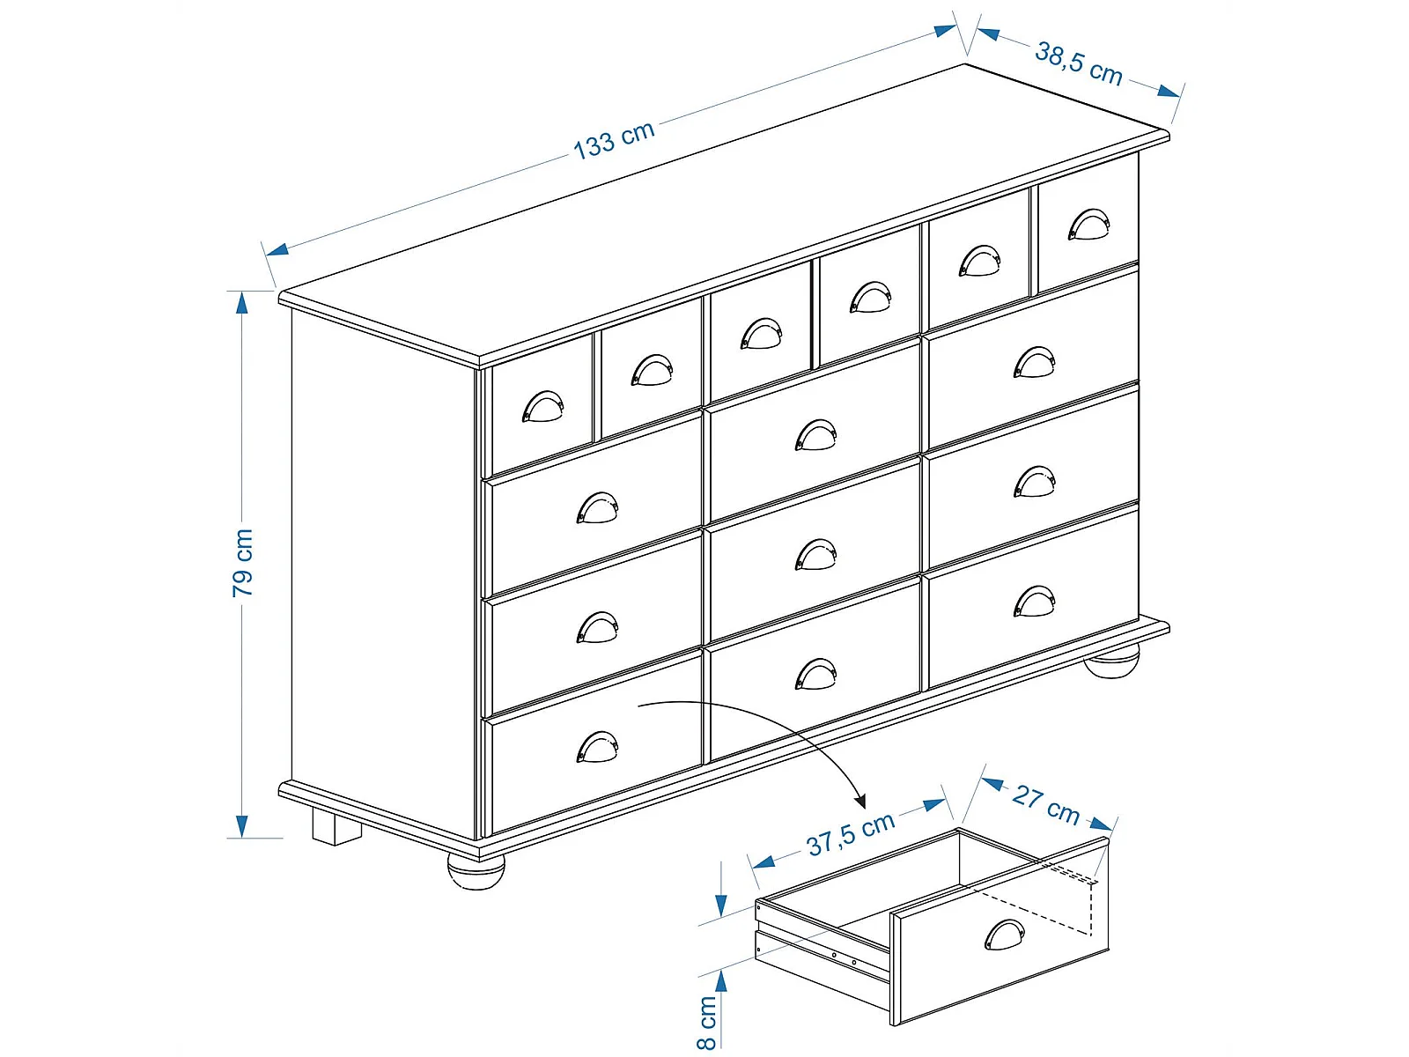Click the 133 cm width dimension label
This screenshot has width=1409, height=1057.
pyautogui.click(x=613, y=140)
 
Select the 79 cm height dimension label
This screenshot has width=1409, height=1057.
pyautogui.click(x=243, y=563)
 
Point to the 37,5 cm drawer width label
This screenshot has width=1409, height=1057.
pyautogui.click(x=851, y=834)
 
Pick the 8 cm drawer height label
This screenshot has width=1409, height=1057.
pyautogui.click(x=706, y=1023)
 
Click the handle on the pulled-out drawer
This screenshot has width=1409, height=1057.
pyautogui.click(x=1005, y=935)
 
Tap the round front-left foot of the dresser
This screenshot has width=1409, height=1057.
pyautogui.click(x=476, y=872)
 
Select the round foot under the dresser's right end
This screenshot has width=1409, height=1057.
pyautogui.click(x=1112, y=662)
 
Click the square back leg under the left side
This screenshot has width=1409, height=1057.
pyautogui.click(x=336, y=826)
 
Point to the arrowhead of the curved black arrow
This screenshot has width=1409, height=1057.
pyautogui.click(x=860, y=801)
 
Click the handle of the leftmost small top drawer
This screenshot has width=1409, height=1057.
pyautogui.click(x=542, y=406)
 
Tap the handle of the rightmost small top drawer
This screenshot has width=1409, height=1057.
pyautogui.click(x=1088, y=224)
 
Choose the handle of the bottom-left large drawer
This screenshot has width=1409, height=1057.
pyautogui.click(x=597, y=746)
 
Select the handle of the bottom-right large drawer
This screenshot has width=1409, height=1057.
pyautogui.click(x=1034, y=601)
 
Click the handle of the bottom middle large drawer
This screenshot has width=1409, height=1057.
pyautogui.click(x=815, y=674)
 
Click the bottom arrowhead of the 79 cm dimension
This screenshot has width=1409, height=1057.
pyautogui.click(x=242, y=826)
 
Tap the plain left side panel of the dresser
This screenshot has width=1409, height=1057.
pyautogui.click(x=383, y=571)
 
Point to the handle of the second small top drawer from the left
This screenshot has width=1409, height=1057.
pyautogui.click(x=652, y=370)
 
